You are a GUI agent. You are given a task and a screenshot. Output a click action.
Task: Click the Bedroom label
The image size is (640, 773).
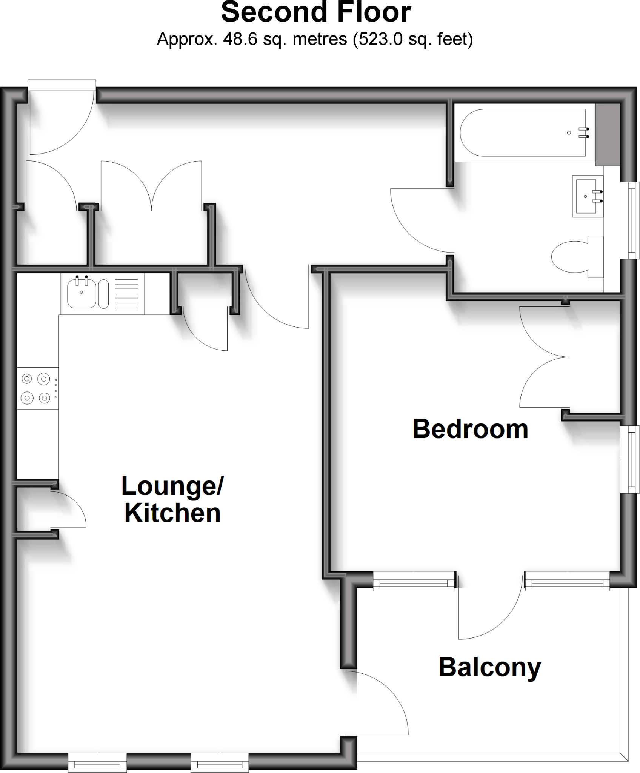click(470, 429)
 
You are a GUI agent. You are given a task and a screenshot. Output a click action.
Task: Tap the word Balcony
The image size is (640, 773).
click(490, 667)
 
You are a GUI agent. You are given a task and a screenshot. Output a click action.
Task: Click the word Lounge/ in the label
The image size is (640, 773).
click(172, 486)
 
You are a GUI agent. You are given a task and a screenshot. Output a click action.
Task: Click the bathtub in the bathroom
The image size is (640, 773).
click(523, 132)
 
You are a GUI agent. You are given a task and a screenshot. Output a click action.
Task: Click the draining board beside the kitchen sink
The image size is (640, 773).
click(126, 294)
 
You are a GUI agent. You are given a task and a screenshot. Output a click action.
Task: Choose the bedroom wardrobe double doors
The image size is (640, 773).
click(543, 357)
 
